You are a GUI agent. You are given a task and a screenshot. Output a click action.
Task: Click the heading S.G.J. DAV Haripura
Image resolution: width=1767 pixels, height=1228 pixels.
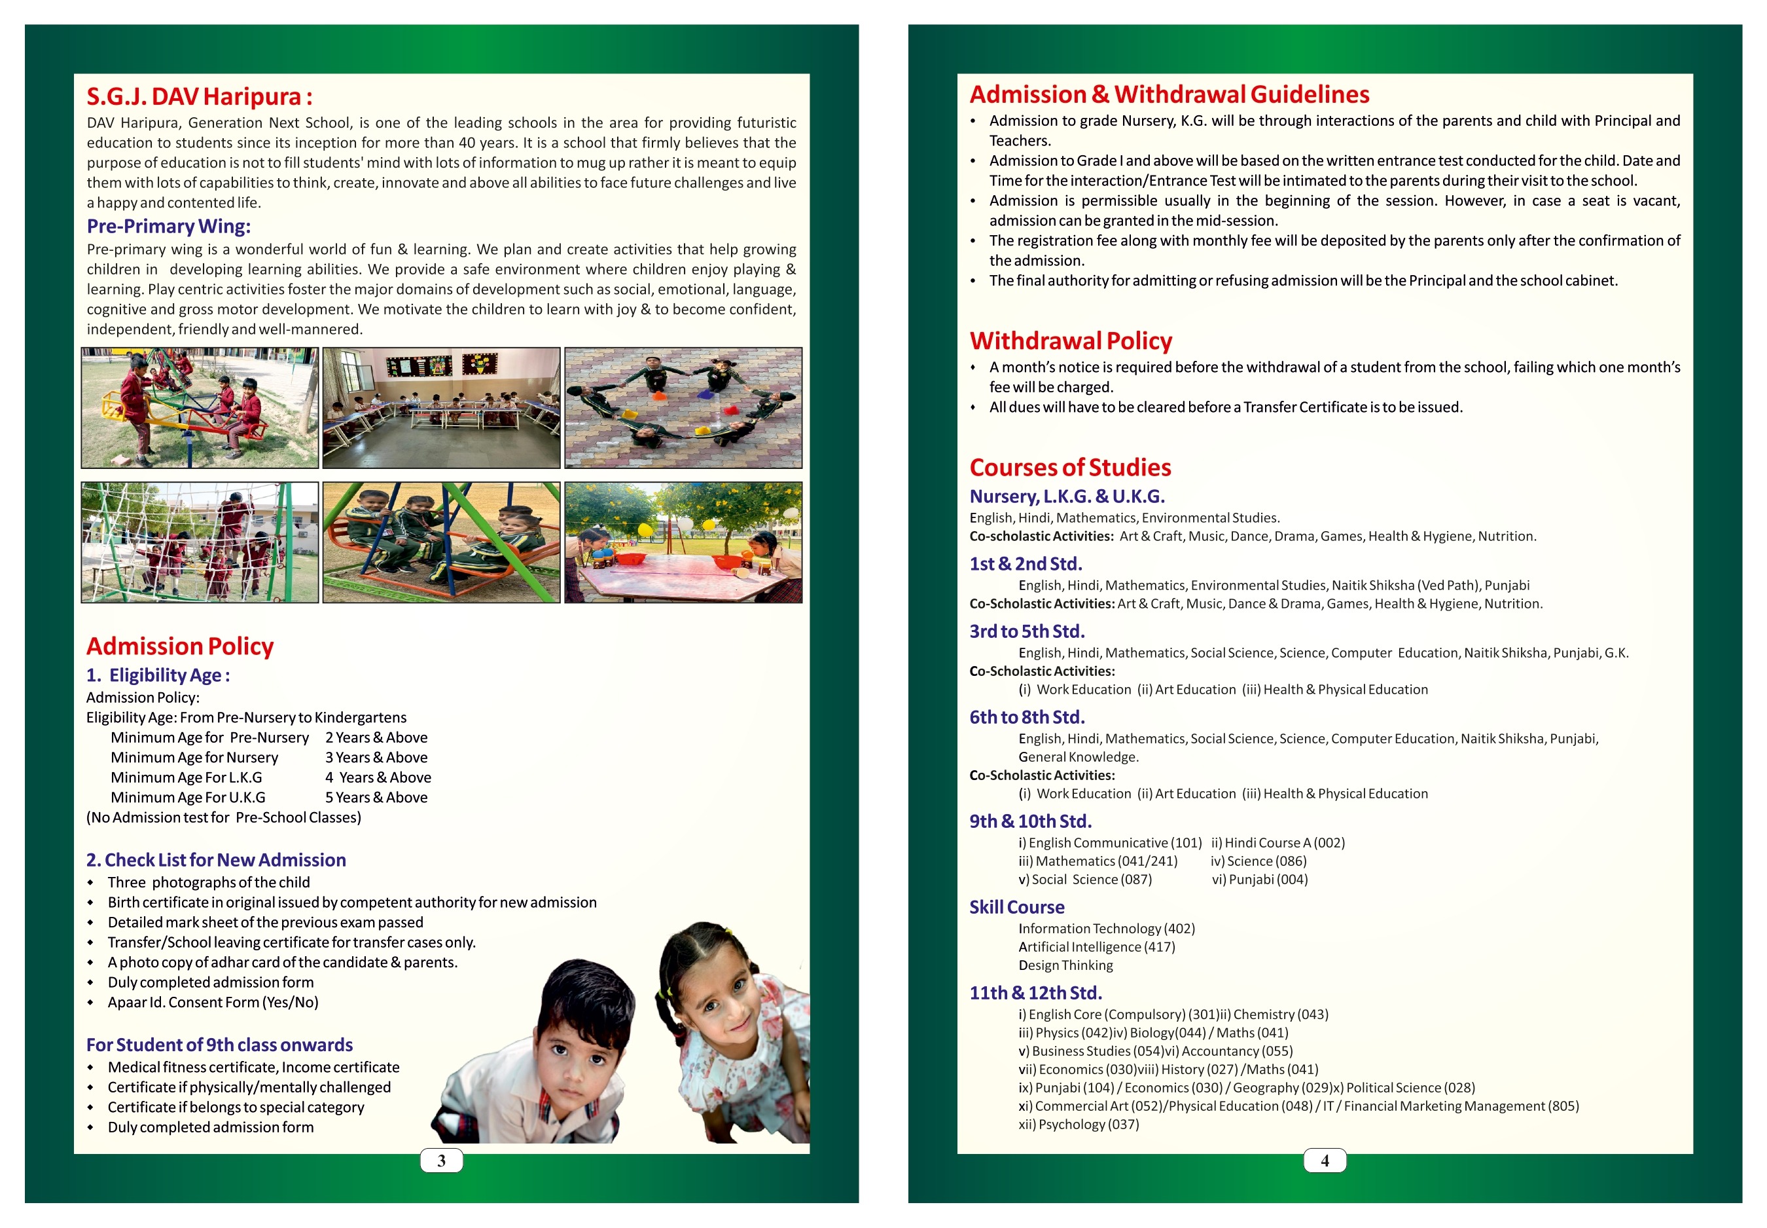point(199,97)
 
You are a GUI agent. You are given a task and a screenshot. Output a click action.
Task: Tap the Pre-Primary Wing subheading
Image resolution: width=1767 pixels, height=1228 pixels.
point(168,226)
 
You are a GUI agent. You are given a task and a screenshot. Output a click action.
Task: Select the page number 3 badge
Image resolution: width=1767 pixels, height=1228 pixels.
point(441,1161)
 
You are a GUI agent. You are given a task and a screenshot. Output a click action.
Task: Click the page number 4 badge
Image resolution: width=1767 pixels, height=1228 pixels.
point(1324,1161)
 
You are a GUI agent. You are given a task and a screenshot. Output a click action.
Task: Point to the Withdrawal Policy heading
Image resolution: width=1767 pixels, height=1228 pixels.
point(1071,341)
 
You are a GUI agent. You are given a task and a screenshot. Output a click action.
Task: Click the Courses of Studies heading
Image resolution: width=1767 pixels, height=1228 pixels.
point(1069,467)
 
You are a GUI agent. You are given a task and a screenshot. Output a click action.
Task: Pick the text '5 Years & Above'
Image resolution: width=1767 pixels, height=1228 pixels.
point(376,797)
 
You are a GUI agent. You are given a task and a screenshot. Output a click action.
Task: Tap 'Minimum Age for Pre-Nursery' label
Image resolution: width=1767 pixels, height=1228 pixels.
point(209,737)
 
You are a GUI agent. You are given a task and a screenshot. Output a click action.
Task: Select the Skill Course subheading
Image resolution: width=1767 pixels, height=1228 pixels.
point(1016,907)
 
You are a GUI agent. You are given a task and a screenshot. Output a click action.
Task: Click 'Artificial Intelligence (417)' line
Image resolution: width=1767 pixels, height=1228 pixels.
point(1096,946)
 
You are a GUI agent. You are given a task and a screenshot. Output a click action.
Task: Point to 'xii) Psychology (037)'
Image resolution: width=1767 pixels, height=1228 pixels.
point(1079,1124)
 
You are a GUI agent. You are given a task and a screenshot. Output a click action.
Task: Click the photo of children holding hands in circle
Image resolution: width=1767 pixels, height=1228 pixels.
point(683,408)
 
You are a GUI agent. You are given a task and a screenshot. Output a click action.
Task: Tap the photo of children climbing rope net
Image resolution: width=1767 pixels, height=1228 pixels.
point(200,542)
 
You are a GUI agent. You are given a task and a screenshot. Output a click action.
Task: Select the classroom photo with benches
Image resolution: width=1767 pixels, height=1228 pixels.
point(441,408)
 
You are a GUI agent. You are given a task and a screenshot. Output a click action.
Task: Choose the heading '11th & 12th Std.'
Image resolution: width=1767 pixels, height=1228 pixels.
point(1035,993)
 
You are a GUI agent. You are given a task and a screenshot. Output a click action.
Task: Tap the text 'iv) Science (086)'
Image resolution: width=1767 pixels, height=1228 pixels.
point(1258,861)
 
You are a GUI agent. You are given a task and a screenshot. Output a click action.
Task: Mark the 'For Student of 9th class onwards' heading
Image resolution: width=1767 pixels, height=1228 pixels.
point(219,1045)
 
